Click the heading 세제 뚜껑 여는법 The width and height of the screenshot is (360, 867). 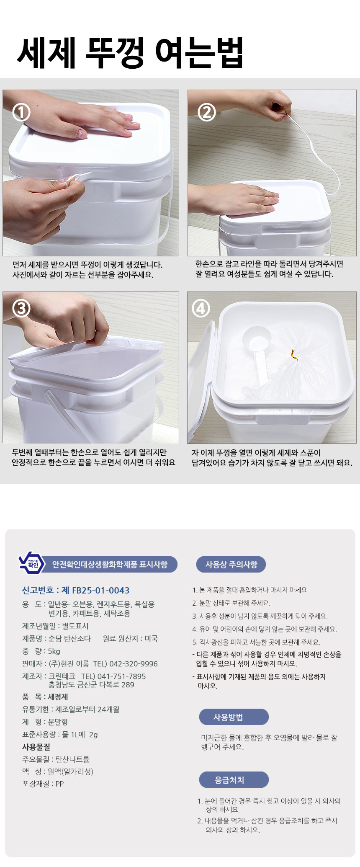pos(130,53)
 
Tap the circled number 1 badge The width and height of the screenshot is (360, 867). pos(21,112)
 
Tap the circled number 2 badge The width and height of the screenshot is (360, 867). pos(206,112)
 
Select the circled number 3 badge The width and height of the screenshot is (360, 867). pos(21,308)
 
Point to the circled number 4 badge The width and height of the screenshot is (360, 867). pos(201,309)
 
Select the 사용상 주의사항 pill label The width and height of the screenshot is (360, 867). pos(231,565)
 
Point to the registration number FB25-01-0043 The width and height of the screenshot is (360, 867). pos(101,590)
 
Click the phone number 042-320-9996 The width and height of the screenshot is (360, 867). pos(134,663)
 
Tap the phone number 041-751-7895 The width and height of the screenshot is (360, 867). pos(122,676)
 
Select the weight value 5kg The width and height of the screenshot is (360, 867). pos(54,651)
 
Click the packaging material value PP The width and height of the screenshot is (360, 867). pos(59,784)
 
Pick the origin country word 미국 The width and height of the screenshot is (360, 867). pos(151,639)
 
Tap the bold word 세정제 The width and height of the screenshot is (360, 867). pos(58,697)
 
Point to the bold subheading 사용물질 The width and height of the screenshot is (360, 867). pos(36,747)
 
